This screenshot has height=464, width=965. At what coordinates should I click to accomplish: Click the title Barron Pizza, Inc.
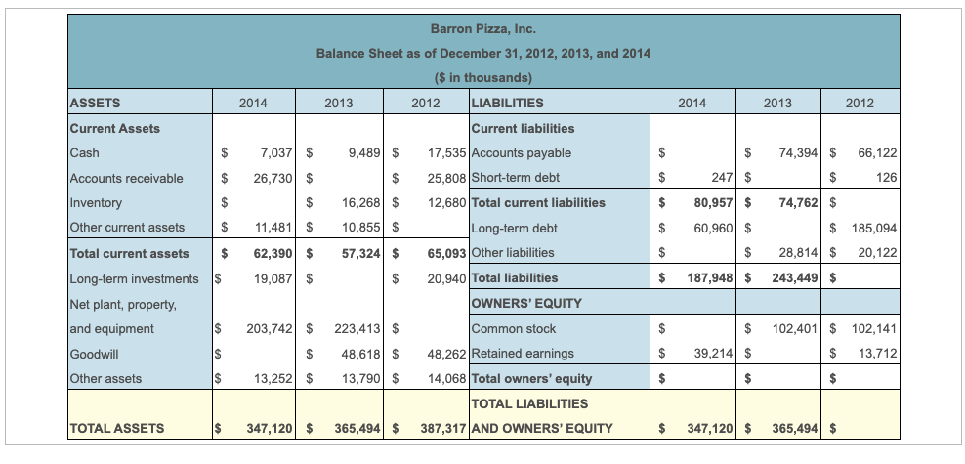coord(482,28)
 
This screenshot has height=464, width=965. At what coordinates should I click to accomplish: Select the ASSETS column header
coord(96,103)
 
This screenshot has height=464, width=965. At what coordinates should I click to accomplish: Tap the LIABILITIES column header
coord(508,103)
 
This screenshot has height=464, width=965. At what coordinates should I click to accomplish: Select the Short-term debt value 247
coord(721,178)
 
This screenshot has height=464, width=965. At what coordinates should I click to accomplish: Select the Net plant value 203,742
coord(265,329)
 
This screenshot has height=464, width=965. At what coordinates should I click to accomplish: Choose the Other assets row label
coord(105,379)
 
